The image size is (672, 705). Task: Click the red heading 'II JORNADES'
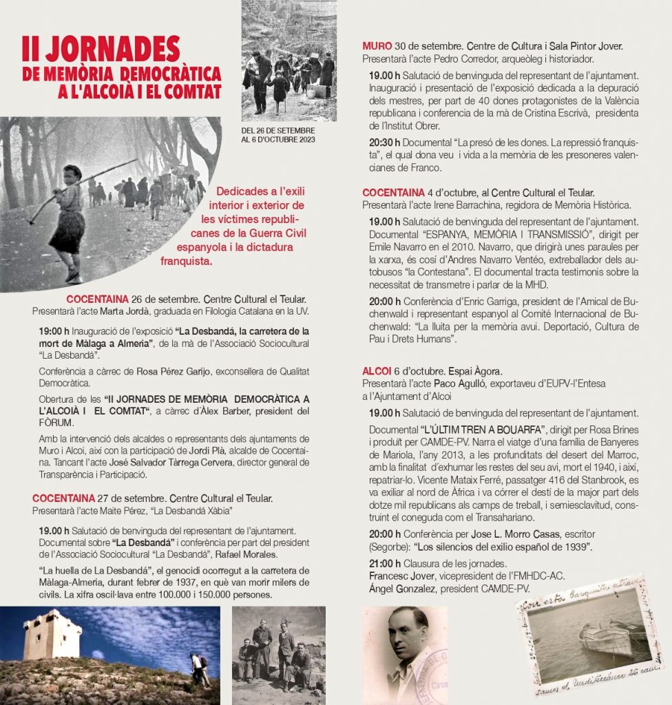tap(101, 50)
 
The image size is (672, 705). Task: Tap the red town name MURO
tap(377, 47)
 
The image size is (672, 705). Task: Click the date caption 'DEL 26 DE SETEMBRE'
tap(278, 131)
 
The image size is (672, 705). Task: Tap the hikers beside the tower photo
tap(200, 668)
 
